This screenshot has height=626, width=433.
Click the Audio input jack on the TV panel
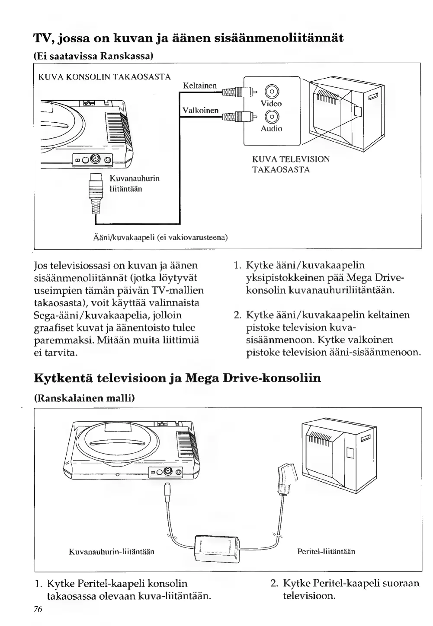[271, 116]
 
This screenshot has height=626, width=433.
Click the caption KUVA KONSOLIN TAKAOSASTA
[105, 77]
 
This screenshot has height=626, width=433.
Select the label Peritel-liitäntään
[327, 552]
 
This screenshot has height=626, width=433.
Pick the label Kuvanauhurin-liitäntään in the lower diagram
[112, 552]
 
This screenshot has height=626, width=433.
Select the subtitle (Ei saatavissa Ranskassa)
[94, 56]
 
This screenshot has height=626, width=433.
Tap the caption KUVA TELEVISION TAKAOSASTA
[291, 164]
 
